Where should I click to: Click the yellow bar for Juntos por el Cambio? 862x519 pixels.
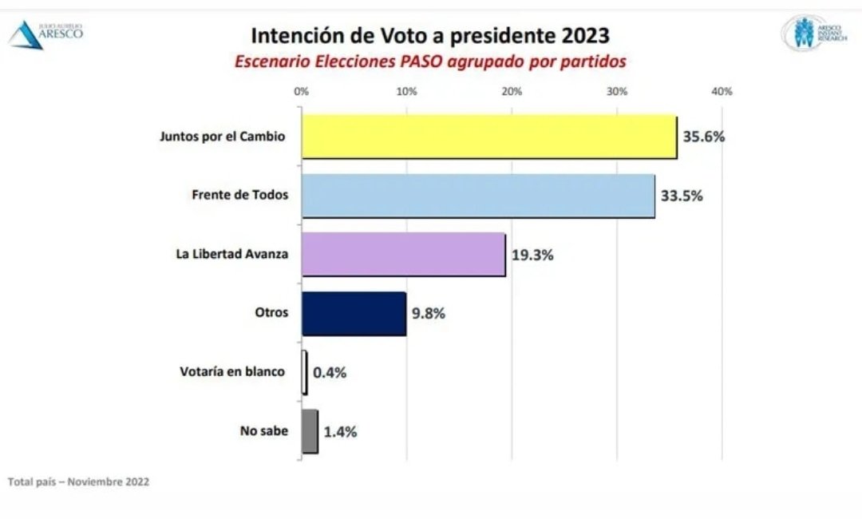[488, 137]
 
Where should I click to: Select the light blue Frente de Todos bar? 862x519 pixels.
[478, 196]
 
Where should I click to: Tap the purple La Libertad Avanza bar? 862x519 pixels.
[403, 255]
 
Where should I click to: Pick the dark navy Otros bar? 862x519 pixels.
[354, 313]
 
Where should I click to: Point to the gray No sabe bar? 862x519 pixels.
[310, 432]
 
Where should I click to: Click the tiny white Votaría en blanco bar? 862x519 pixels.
[304, 372]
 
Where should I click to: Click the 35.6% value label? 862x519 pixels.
[703, 137]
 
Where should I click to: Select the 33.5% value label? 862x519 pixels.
[681, 196]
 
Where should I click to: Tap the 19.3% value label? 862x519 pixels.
[532, 255]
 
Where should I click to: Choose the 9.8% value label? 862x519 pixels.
[429, 313]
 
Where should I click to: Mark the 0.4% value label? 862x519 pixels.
[329, 372]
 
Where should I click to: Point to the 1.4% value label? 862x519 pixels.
[340, 432]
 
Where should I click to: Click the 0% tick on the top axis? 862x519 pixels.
[302, 92]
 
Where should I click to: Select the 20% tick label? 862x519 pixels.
[512, 92]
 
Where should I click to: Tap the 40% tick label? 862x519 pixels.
[722, 92]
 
